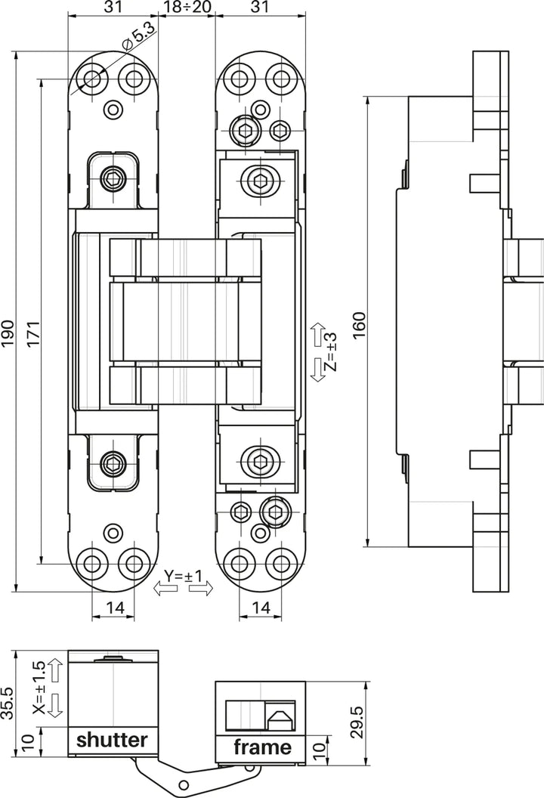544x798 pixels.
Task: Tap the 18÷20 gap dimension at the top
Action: point(187,8)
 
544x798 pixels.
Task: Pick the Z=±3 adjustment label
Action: point(331,353)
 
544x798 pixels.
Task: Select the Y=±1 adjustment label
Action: point(184,577)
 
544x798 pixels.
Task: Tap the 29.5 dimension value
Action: point(359,722)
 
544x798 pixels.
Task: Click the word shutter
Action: point(112,739)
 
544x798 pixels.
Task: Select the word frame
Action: point(261,747)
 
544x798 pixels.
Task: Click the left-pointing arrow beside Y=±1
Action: point(165,589)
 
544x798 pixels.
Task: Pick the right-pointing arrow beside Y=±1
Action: point(201,589)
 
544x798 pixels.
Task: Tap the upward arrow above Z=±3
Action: point(317,332)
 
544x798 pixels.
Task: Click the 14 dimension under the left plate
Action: point(113,606)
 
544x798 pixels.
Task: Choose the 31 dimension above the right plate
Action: point(261,8)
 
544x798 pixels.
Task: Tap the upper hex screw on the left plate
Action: point(113,179)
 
